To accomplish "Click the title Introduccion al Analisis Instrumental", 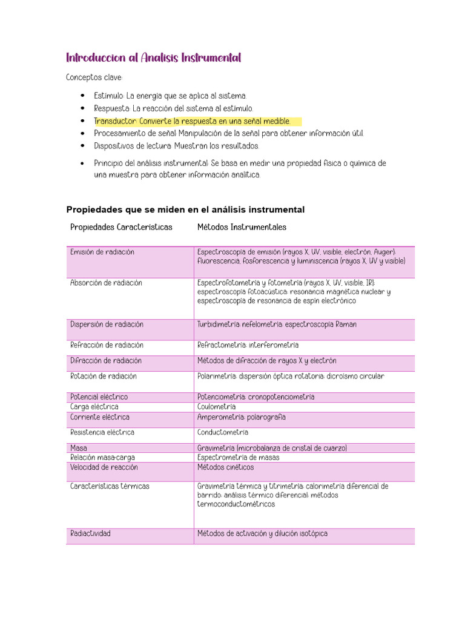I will (x=153, y=58).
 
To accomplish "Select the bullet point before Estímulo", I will (x=82, y=96).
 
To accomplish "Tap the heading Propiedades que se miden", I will (x=185, y=209).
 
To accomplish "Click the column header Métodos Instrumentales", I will (x=242, y=228).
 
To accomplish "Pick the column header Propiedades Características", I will (x=121, y=228).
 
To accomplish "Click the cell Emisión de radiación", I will (x=102, y=252).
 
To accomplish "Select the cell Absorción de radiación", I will (x=106, y=283).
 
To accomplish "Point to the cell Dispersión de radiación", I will (x=107, y=325).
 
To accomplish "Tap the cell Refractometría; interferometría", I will (x=248, y=345).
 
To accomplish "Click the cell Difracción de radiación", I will (x=106, y=361).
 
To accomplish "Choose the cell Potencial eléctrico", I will (x=99, y=397).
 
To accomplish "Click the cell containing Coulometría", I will (x=216, y=407).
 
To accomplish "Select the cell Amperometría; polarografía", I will (x=241, y=417).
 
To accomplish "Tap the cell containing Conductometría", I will (x=223, y=433).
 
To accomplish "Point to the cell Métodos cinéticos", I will (x=225, y=467).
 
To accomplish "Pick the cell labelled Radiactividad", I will (x=90, y=534).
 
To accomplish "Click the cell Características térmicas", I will (x=110, y=486).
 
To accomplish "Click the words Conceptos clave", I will (x=94, y=78).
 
